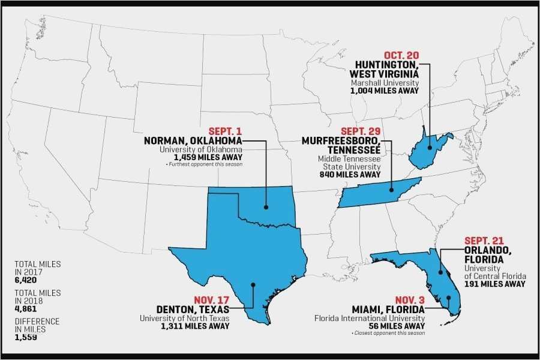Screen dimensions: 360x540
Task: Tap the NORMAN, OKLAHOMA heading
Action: click(193, 140)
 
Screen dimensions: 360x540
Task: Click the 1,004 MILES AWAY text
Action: click(385, 91)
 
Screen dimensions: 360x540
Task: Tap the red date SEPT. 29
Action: click(360, 131)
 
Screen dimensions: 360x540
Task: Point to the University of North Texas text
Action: click(185, 318)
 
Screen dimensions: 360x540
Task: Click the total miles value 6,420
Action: click(26, 279)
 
